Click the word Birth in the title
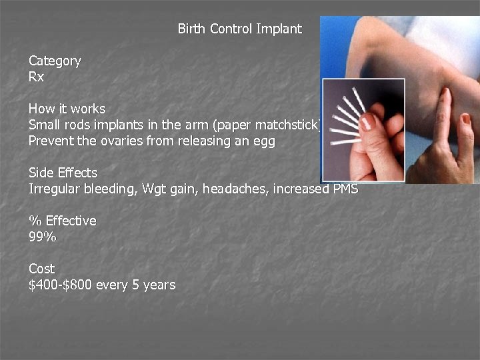(x=192, y=29)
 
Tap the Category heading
(x=55, y=61)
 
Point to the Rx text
(x=36, y=77)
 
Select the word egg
(x=263, y=142)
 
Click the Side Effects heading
(x=63, y=173)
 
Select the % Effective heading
(x=62, y=221)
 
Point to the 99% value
(x=43, y=237)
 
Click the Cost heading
(x=41, y=269)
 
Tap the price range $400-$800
(x=61, y=285)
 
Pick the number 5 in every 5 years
(x=137, y=285)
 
